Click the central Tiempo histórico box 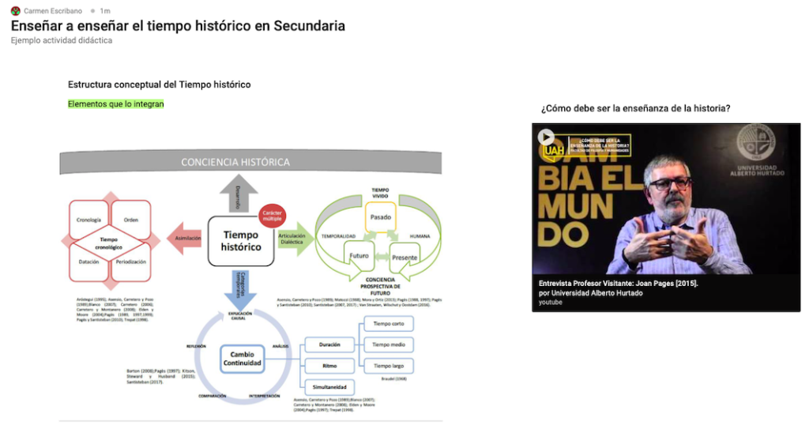pyautogui.click(x=240, y=240)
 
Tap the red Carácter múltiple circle pyautogui.click(x=272, y=214)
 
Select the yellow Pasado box pyautogui.click(x=380, y=215)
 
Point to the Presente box pyautogui.click(x=404, y=257)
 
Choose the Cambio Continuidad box pyautogui.click(x=241, y=358)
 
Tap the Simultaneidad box pyautogui.click(x=329, y=387)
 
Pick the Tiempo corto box pyautogui.click(x=388, y=324)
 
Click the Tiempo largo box pyautogui.click(x=388, y=366)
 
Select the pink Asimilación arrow pyautogui.click(x=186, y=237)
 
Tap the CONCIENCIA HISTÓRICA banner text pyautogui.click(x=235, y=162)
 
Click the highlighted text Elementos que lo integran pyautogui.click(x=115, y=104)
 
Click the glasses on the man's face pyautogui.click(x=669, y=183)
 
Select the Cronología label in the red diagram pyautogui.click(x=89, y=220)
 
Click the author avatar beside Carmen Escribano pyautogui.click(x=15, y=11)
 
